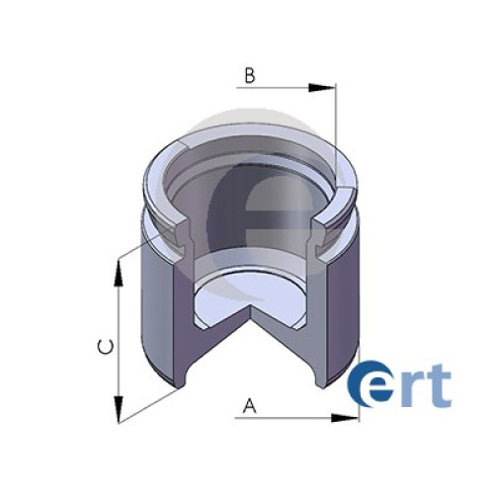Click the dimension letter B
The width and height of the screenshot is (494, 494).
(x=250, y=75)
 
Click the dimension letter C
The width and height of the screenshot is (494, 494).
(x=106, y=348)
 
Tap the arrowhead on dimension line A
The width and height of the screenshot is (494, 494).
(x=345, y=418)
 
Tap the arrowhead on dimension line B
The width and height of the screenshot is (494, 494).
(x=322, y=88)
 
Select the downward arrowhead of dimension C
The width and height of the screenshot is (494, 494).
(x=119, y=409)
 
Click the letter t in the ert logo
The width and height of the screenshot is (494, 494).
(x=439, y=384)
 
